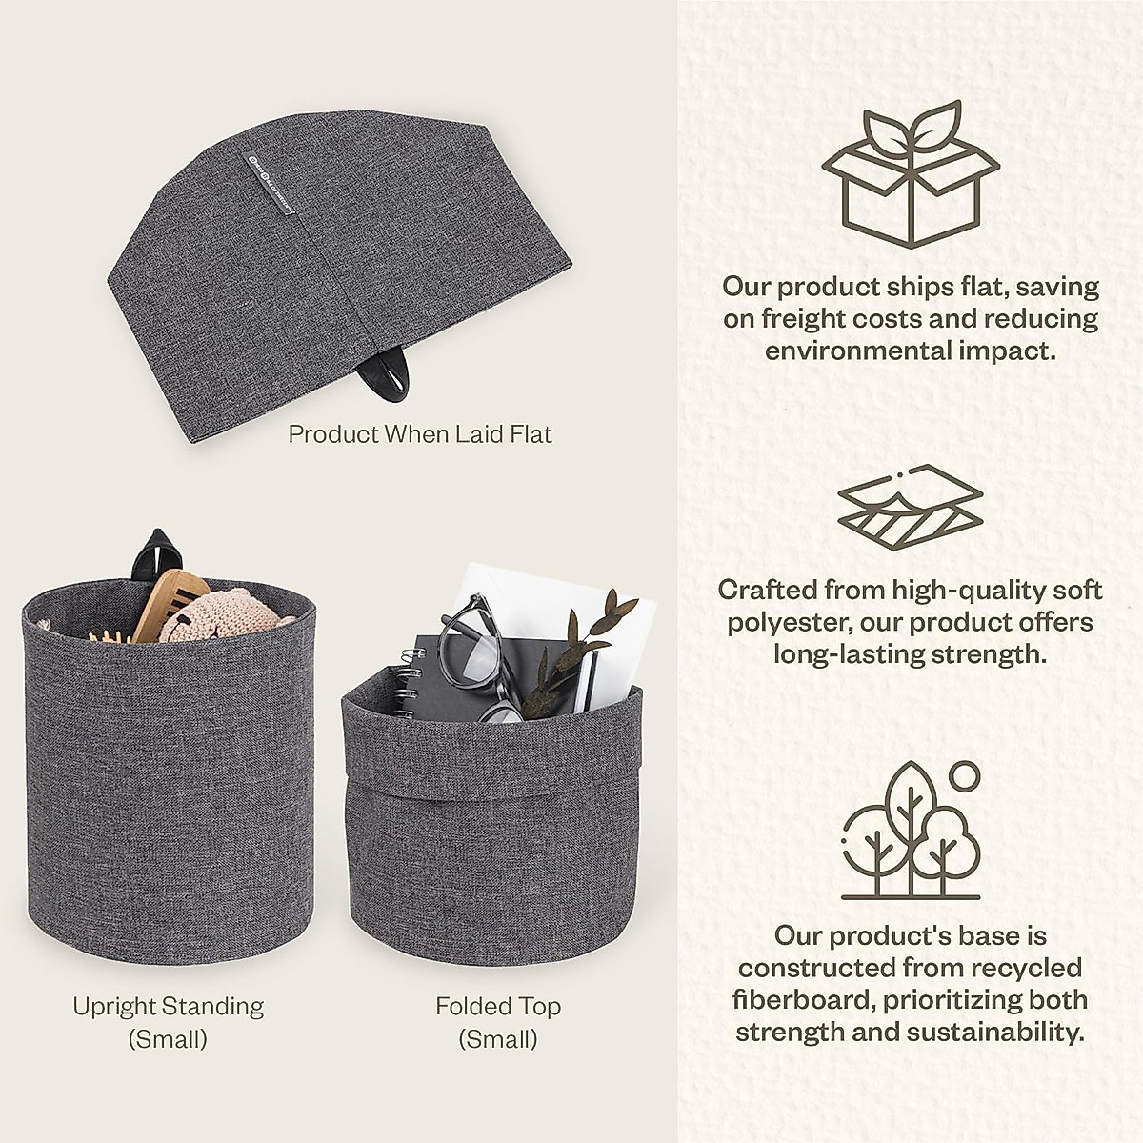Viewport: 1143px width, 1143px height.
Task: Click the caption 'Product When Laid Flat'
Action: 420,434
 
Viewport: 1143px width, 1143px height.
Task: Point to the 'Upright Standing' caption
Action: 168,1007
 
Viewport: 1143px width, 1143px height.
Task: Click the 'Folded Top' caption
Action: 498,1007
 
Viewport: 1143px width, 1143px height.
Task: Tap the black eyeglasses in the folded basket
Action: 476,657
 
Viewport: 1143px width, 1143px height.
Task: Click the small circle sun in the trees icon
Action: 964,775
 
